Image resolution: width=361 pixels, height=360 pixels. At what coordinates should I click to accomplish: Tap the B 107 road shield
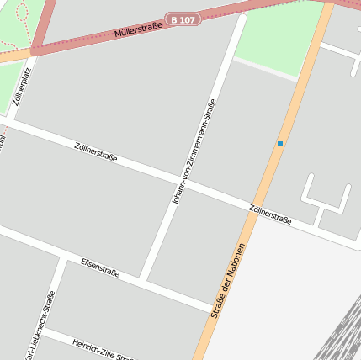click(x=183, y=19)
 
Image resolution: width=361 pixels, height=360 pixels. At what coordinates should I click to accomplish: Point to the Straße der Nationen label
click(x=228, y=280)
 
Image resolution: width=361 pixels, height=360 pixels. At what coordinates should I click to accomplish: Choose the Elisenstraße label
click(x=99, y=267)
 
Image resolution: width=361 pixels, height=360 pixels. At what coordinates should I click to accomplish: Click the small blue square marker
click(x=280, y=144)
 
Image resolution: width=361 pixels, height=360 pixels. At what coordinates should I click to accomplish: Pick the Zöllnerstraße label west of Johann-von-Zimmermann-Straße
click(x=95, y=151)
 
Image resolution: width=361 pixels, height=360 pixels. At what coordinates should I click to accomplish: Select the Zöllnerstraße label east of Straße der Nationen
click(x=270, y=214)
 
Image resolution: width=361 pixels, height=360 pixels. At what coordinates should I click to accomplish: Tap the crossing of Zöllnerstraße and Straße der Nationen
click(x=252, y=208)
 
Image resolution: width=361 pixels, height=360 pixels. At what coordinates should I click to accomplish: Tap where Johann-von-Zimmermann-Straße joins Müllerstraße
click(x=242, y=17)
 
